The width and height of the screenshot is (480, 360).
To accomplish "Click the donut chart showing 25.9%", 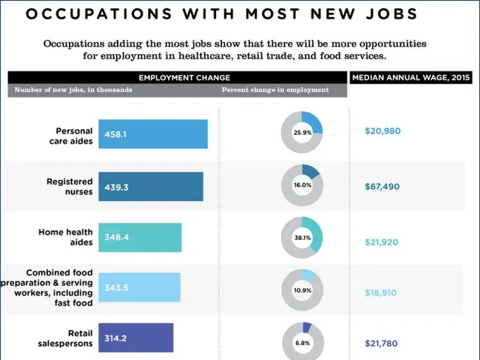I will click(x=302, y=132).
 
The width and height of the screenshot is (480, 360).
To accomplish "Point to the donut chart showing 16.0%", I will click(x=302, y=184).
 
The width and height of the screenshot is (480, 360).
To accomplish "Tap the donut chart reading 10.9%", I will click(x=302, y=289).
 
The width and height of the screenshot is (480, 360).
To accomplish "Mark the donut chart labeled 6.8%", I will click(x=302, y=342).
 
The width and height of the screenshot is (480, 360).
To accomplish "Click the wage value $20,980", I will click(x=382, y=130).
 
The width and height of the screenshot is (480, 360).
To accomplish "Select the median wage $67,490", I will click(x=382, y=186).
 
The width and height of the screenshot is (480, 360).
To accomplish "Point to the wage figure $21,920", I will click(x=382, y=242).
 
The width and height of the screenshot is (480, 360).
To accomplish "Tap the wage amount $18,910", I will click(x=382, y=292).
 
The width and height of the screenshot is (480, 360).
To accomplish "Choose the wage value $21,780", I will click(x=382, y=343).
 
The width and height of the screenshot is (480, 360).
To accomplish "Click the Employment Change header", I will click(x=184, y=77).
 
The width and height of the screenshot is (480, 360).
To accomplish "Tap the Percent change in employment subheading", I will click(x=275, y=90).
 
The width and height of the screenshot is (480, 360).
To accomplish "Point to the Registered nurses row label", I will click(x=70, y=186).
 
